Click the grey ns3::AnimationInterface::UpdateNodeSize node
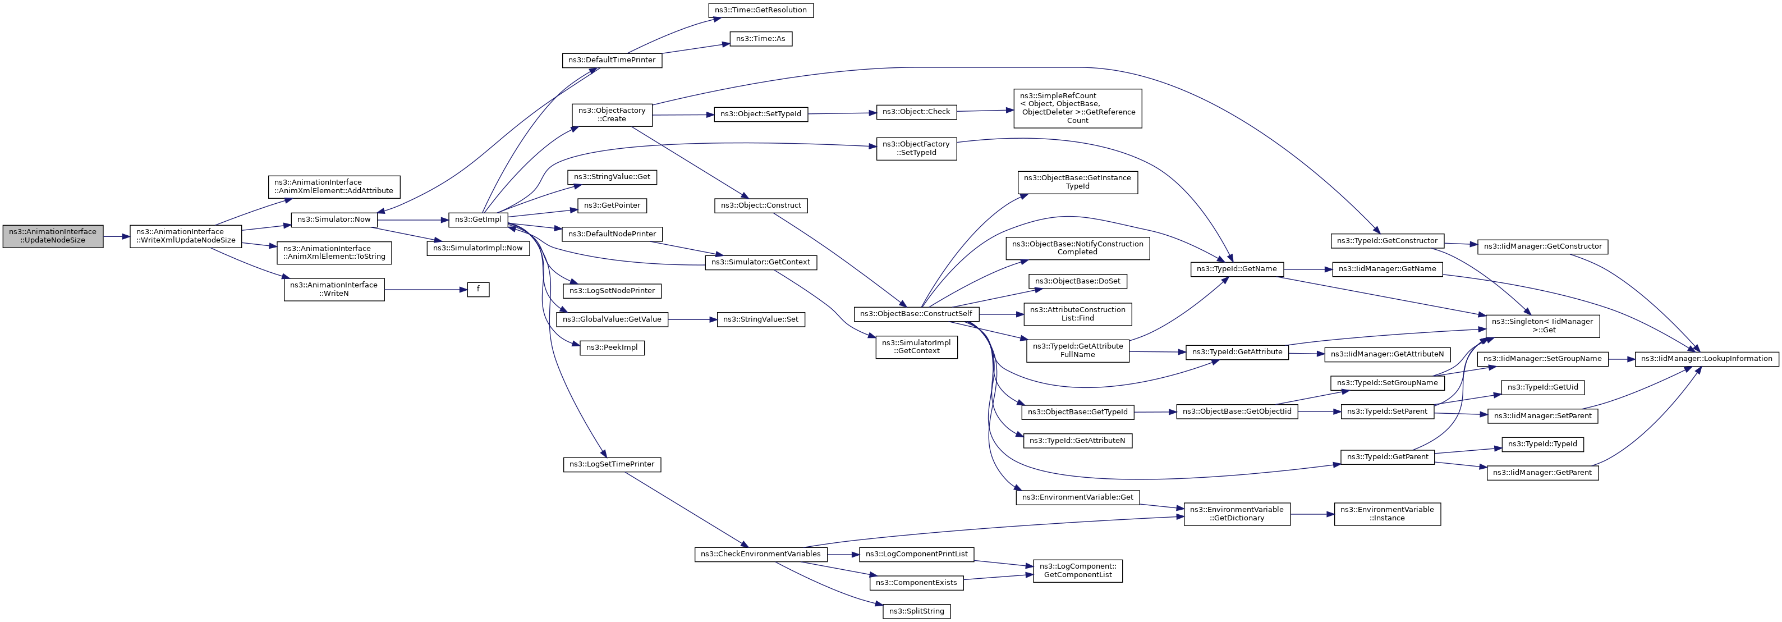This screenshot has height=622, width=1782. [x=53, y=236]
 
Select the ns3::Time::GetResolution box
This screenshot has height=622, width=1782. [x=761, y=10]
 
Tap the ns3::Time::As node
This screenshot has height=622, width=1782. [x=760, y=39]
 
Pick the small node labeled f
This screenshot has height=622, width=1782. [x=478, y=289]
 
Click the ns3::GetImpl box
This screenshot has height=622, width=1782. [x=478, y=219]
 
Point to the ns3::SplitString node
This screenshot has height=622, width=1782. [x=916, y=611]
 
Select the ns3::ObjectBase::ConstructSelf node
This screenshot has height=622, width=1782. [x=916, y=313]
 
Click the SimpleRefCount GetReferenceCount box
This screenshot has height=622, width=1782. [x=1077, y=108]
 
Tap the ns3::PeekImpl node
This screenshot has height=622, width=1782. [x=612, y=347]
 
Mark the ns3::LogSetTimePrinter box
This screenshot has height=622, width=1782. [x=612, y=464]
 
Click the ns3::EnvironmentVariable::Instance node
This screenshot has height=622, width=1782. [x=1387, y=514]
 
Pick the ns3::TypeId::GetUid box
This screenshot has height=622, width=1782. [x=1542, y=387]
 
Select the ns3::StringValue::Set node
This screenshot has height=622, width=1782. [x=760, y=319]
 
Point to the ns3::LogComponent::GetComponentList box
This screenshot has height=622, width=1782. [x=1077, y=570]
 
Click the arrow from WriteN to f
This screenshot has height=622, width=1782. [x=425, y=289]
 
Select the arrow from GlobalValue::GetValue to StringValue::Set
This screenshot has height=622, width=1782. [x=692, y=319]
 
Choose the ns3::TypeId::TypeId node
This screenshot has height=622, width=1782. [x=1542, y=444]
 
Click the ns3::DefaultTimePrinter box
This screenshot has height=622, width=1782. [x=612, y=60]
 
